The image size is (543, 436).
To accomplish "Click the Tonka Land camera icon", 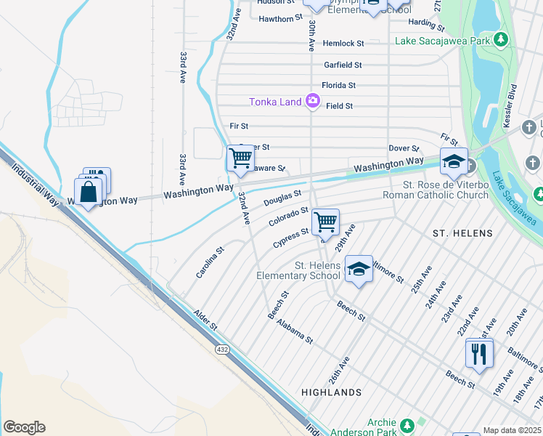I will click(313, 101).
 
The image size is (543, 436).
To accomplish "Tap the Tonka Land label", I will click(275, 102).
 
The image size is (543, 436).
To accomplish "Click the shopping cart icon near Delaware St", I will click(240, 158).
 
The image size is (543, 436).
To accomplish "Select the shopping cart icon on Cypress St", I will click(326, 222).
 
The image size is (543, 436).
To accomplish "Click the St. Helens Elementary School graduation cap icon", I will click(358, 269).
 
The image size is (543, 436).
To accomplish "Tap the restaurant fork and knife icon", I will click(479, 353).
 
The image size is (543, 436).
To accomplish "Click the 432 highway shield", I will click(222, 350).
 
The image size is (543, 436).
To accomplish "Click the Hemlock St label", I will click(343, 44).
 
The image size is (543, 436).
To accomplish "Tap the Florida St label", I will click(339, 85).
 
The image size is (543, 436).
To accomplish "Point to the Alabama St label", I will click(294, 329).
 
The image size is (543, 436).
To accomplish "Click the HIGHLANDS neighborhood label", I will click(332, 392).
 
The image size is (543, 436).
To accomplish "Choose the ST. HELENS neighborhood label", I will click(462, 233).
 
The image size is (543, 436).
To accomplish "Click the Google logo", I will click(24, 427).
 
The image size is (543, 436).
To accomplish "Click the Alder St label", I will click(205, 320).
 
